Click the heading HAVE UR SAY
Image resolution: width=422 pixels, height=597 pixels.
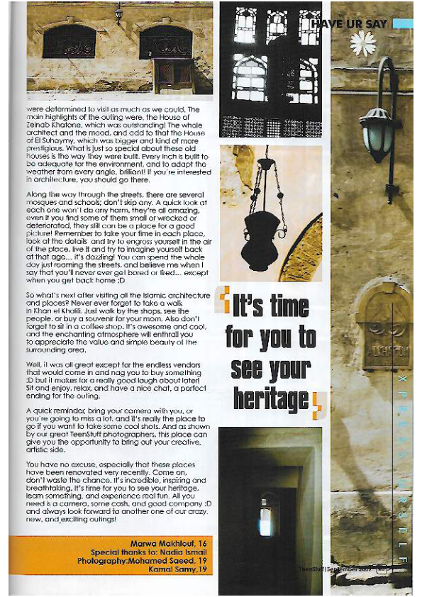pos(349,23)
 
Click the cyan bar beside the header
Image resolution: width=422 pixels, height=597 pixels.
pos(402,23)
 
